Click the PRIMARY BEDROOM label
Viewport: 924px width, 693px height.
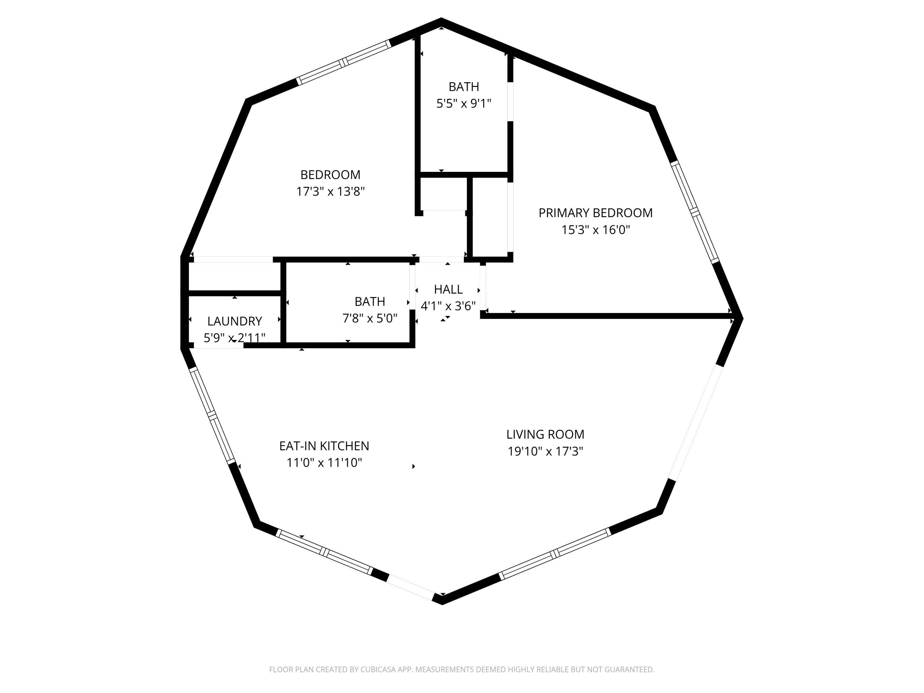[x=595, y=213]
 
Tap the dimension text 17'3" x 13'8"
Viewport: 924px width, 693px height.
[x=330, y=192]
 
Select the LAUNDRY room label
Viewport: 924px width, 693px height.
[x=234, y=321]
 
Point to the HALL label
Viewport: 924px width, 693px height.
[x=448, y=290]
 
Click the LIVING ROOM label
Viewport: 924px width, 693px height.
[x=545, y=434]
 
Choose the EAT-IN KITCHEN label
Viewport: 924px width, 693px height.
[x=324, y=446]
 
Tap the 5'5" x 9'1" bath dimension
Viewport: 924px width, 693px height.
[x=464, y=103]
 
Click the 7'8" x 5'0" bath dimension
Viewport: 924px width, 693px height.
[x=370, y=319]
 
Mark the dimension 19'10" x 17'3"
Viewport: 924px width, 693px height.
[x=545, y=452]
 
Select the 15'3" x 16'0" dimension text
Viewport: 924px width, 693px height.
[x=595, y=230]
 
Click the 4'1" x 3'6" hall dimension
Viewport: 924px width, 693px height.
[x=448, y=306]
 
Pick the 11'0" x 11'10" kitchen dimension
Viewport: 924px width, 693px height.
[x=324, y=463]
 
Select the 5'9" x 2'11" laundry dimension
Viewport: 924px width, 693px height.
[x=234, y=338]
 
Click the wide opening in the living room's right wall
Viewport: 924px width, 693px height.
[x=696, y=422]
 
